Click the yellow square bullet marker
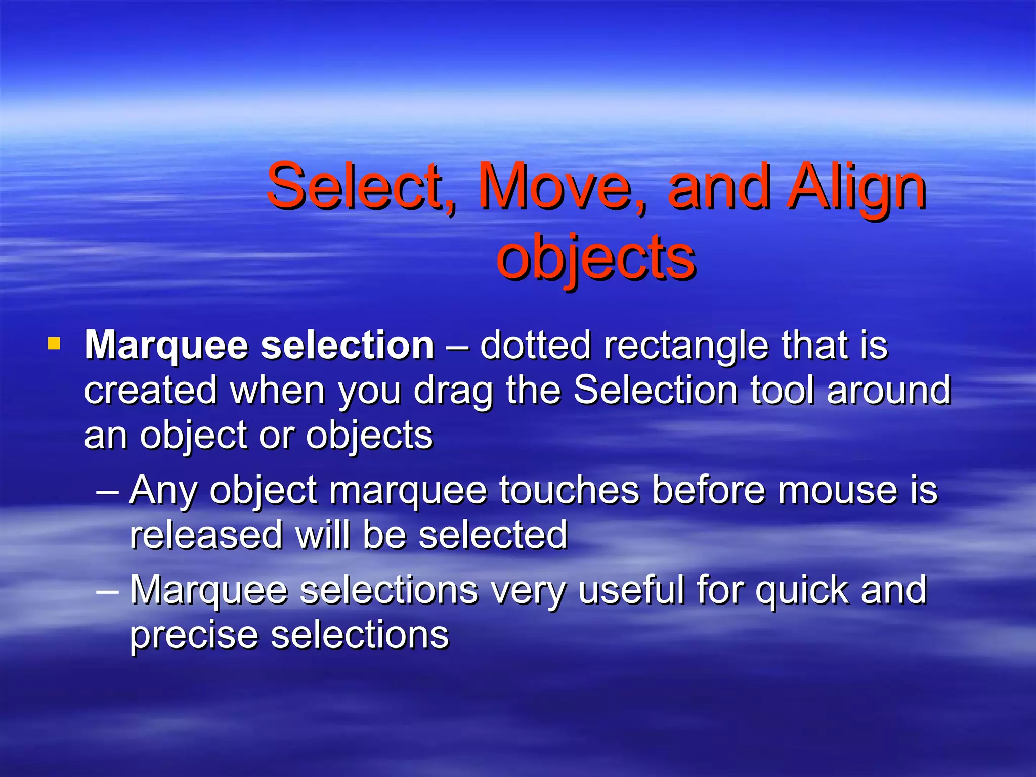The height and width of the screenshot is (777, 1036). tap(54, 345)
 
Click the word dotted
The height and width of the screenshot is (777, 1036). tap(535, 345)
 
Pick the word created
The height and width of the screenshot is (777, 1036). tap(150, 391)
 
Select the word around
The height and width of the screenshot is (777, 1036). tap(889, 391)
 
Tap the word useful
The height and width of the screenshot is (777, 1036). tap(631, 590)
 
